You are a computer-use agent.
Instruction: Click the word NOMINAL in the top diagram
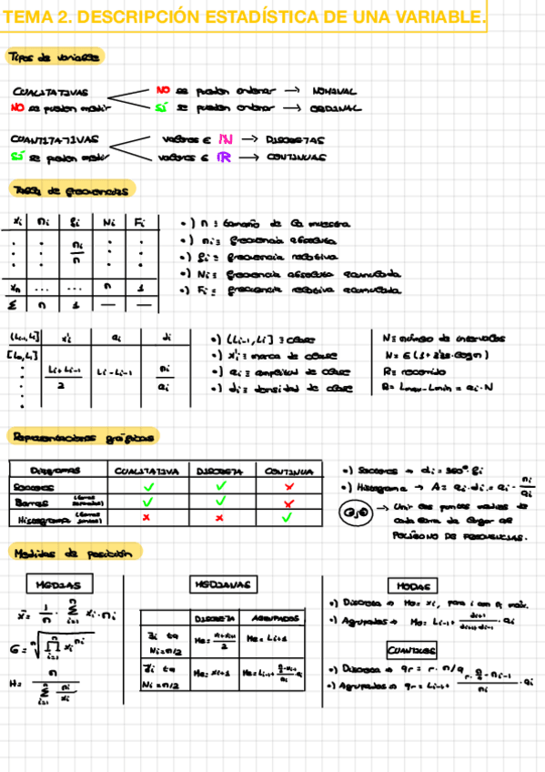point(334,91)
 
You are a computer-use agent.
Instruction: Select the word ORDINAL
point(335,107)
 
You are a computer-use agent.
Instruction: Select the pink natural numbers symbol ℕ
point(226,140)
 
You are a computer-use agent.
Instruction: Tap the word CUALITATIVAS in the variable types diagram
point(50,92)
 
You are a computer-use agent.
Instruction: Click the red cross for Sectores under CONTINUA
point(289,487)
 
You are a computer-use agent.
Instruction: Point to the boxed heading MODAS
point(412,584)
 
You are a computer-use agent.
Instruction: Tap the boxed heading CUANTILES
point(412,650)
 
